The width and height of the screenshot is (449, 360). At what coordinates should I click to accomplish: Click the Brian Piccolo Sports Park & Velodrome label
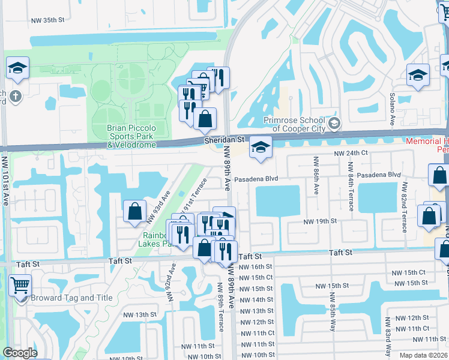[x=131, y=136]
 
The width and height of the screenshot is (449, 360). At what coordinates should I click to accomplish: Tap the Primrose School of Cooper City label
[x=298, y=124]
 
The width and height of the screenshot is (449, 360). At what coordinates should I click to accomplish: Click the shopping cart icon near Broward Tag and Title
[x=20, y=286]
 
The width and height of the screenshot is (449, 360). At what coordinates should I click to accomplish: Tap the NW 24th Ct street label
[x=351, y=154]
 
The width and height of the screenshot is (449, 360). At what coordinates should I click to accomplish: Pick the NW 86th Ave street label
[x=315, y=176]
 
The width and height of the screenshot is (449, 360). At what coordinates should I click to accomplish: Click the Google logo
[x=20, y=353]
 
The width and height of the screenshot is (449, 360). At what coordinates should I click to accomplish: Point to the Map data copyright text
[x=424, y=355]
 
